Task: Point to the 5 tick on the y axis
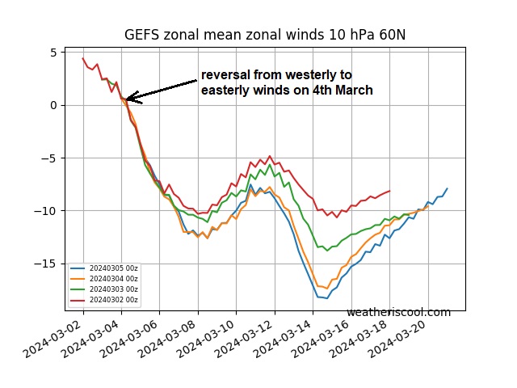(53, 53)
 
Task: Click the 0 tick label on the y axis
(53, 105)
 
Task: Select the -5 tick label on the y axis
(49, 158)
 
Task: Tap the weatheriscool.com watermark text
(398, 312)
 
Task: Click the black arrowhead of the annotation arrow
(129, 98)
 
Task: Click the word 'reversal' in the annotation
(227, 75)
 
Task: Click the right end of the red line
(389, 191)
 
